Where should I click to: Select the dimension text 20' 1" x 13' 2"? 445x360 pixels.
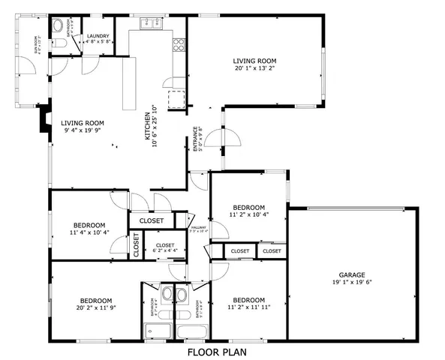tap(254, 68)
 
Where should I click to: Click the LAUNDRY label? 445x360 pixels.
tap(98, 36)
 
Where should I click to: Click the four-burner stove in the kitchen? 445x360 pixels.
tap(179, 44)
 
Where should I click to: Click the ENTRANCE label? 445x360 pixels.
tap(197, 139)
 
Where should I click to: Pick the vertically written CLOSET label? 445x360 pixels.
tap(137, 244)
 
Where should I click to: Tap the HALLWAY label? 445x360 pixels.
tap(198, 228)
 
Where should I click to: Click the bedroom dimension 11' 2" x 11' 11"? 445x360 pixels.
tap(248, 307)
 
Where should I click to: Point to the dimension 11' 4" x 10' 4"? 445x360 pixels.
tap(88, 232)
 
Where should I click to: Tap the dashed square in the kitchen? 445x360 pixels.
tap(176, 99)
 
